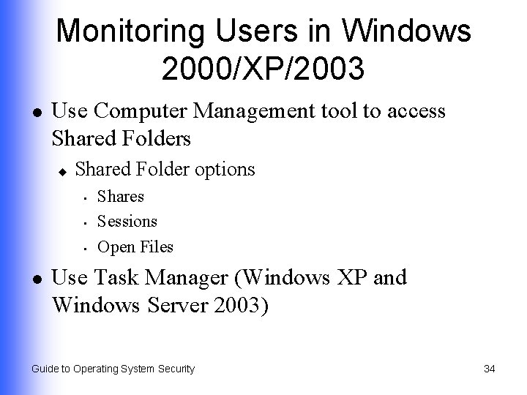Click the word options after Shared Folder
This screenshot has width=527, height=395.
point(225,170)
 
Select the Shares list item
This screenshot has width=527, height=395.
point(121,197)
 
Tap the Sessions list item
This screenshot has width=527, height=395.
point(127,221)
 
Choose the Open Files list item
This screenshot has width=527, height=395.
point(135,247)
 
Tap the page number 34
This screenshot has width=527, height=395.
point(490,369)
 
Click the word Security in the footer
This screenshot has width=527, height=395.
point(173,369)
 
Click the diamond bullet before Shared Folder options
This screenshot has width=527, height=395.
point(63,170)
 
